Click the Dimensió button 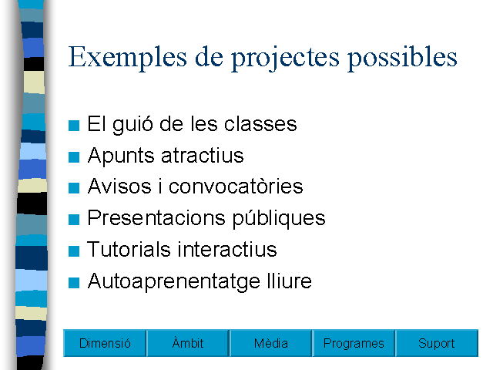pos(105,343)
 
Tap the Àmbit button pos(188,343)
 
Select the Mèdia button pos(270,343)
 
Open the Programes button pos(354,343)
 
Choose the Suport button pos(437,343)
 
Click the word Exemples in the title pos(128,57)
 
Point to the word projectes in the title pos(286,59)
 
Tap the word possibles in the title pos(402,58)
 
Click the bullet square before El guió pos(74,125)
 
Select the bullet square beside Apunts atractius pos(74,156)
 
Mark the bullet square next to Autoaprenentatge pos(74,283)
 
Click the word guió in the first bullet pos(132,125)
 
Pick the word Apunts pos(121,156)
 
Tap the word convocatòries pos(236,187)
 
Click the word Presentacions pos(156,217)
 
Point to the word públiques pos(279,219)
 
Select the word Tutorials pos(129,249)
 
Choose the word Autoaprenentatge pos(174,281)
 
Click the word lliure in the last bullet pos(290,281)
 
